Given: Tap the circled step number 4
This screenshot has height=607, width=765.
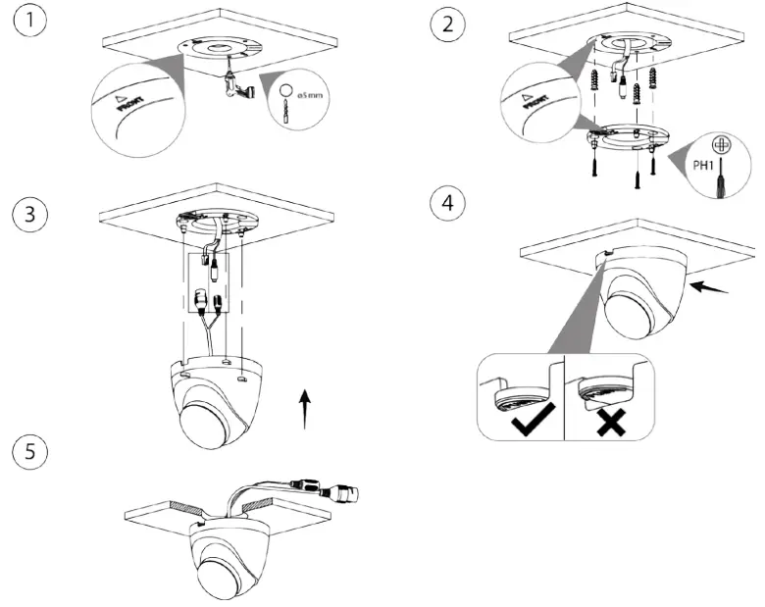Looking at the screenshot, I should [448, 205].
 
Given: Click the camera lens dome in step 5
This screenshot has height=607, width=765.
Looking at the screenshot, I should [227, 572].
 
